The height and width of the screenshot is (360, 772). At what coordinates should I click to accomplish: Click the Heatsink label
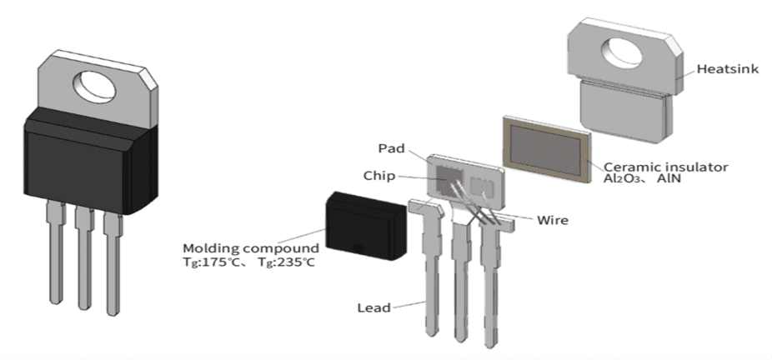727,69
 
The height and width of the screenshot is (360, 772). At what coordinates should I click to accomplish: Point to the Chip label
379,176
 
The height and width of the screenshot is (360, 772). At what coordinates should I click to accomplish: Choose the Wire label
554,220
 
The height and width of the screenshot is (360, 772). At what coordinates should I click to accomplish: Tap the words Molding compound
251,248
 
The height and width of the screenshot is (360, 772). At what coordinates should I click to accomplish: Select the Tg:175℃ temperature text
218,262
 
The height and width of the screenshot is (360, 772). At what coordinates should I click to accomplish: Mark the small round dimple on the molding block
358,247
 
